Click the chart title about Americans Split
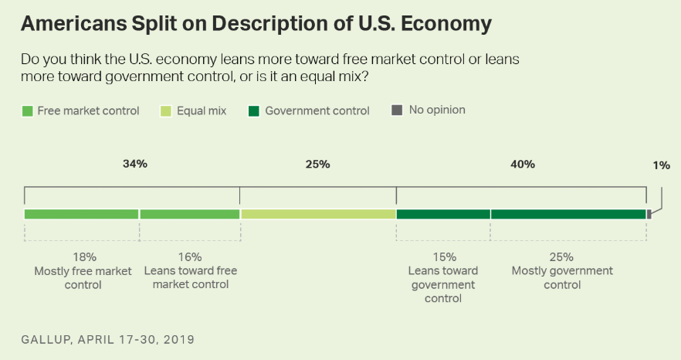(x=256, y=24)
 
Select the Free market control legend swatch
(x=28, y=111)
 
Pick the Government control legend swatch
(x=253, y=111)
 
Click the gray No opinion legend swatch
(x=397, y=110)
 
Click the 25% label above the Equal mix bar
(x=317, y=165)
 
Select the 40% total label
(x=522, y=165)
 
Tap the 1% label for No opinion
(x=661, y=165)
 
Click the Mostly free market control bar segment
(x=81, y=214)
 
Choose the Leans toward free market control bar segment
(x=189, y=214)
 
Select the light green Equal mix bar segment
(x=318, y=214)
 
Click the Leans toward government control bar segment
(x=443, y=214)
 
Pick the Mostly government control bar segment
(x=568, y=214)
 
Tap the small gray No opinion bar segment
(x=649, y=214)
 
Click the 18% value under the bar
(x=84, y=257)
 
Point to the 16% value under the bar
(x=190, y=257)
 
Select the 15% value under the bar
(x=444, y=257)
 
